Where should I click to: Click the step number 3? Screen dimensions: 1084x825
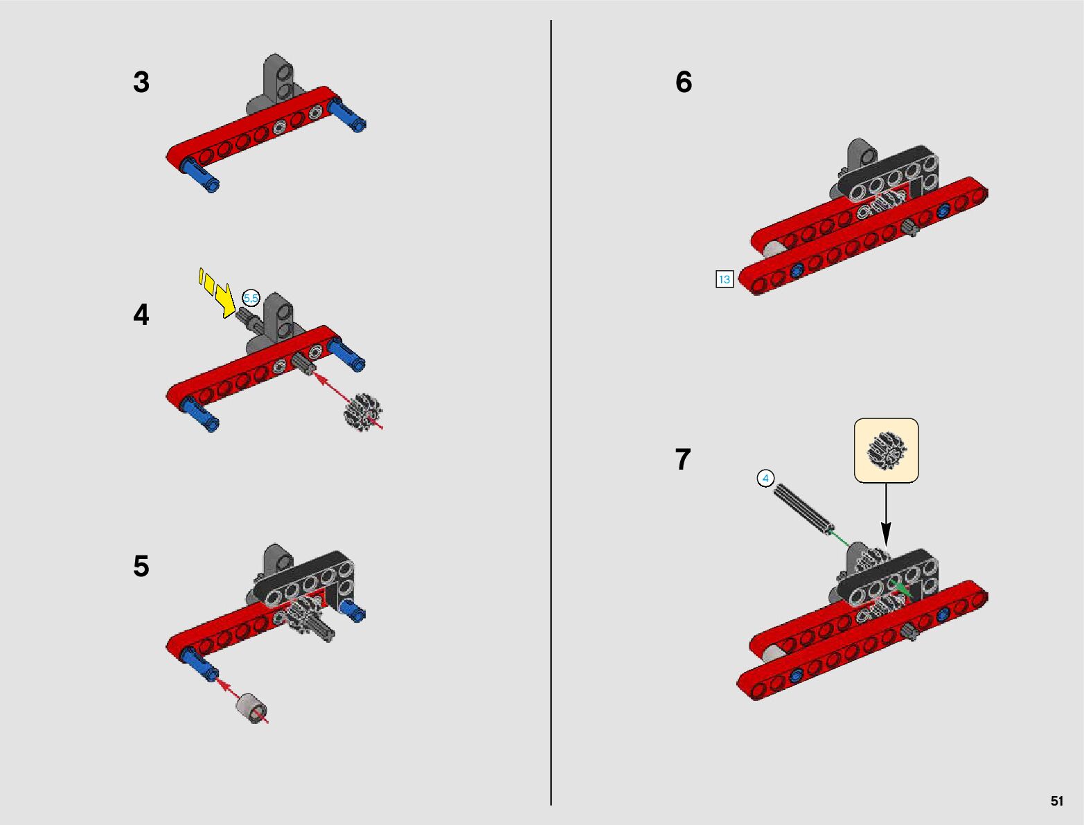pos(141,82)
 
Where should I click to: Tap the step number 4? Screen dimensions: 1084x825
pos(141,314)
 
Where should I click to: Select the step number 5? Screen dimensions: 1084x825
pos(141,566)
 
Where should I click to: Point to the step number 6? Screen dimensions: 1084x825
pos(684,82)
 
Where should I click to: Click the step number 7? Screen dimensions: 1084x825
pos(683,460)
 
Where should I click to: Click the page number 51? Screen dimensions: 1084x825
pos(1057,801)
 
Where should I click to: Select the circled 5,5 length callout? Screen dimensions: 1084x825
pos(251,298)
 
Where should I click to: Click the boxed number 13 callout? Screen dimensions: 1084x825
pos(725,279)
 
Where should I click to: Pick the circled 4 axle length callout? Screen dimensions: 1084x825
pos(765,479)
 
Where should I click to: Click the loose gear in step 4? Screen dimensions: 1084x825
pos(364,411)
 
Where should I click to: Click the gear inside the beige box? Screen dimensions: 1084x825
pos(887,450)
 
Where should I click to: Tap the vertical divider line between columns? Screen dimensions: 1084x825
pos(551,412)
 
